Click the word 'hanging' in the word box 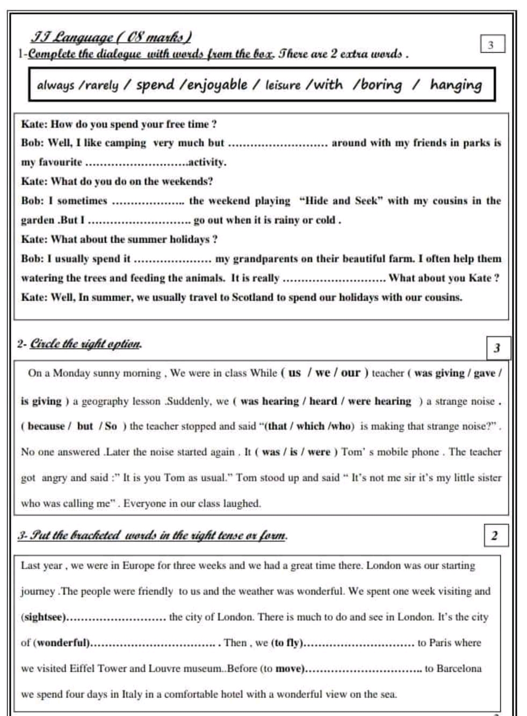(456, 85)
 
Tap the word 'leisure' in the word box (283, 85)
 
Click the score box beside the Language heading (492, 45)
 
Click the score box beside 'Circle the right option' (497, 348)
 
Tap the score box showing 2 (495, 535)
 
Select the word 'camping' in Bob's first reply (125, 143)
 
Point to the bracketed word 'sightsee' (44, 617)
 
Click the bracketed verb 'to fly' (287, 642)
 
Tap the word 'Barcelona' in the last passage (459, 668)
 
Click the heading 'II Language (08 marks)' (112, 38)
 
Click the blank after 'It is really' (334, 279)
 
